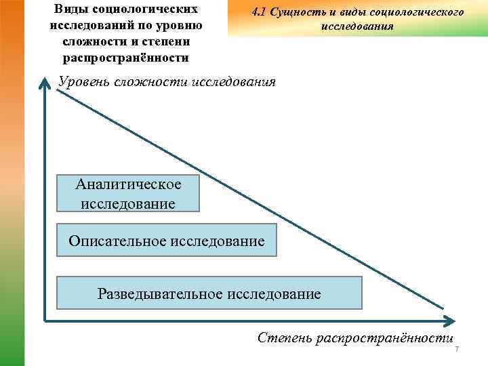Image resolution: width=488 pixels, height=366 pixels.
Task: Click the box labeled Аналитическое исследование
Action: [x=129, y=193]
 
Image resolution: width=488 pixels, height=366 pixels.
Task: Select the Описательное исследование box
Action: [x=167, y=241]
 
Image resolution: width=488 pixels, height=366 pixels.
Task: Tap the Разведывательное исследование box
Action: [x=209, y=293]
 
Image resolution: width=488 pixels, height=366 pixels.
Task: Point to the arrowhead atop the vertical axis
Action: [x=44, y=83]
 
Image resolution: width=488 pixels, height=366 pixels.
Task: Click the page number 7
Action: [x=457, y=349]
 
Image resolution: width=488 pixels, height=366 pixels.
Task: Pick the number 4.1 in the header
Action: [x=259, y=12]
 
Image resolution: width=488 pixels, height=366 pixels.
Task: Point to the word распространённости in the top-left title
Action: [x=124, y=58]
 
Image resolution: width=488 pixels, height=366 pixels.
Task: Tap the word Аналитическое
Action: [x=129, y=184]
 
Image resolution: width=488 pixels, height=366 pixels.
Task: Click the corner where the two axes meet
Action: [x=45, y=318]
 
